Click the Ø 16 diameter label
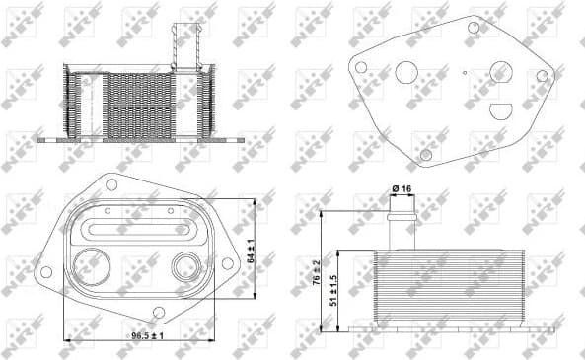point(402,188)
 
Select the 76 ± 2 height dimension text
point(316,272)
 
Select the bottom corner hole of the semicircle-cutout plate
point(426,153)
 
